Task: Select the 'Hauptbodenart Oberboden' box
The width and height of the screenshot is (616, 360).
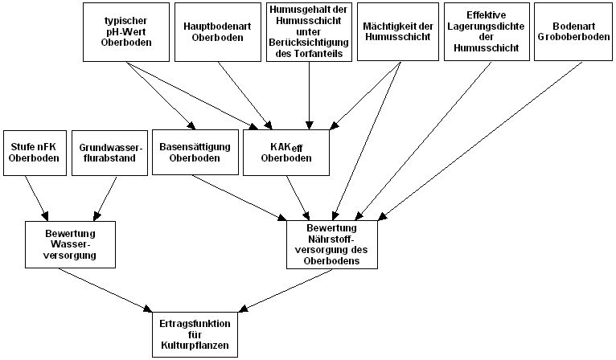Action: pos(215,31)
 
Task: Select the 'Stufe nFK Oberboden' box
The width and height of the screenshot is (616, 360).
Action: pos(30,152)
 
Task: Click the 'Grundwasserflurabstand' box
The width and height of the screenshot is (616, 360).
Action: pos(111,152)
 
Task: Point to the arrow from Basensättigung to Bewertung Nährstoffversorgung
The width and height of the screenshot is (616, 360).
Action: pos(241,196)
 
